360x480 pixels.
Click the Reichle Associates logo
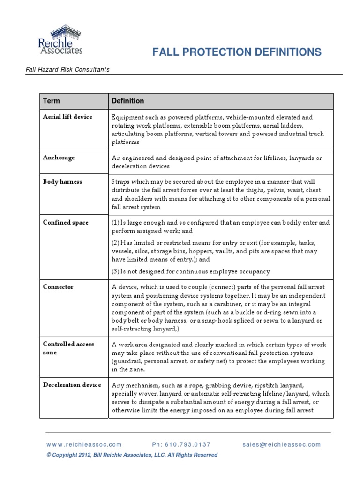pyautogui.click(x=60, y=40)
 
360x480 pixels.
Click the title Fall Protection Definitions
pyautogui.click(x=237, y=52)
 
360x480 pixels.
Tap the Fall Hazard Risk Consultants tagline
pyautogui.click(x=67, y=70)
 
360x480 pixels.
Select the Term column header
pyautogui.click(x=52, y=101)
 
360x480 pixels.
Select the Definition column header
pyautogui.click(x=127, y=101)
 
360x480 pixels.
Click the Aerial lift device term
pyautogui.click(x=67, y=117)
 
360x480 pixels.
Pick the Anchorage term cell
pyautogui.click(x=59, y=157)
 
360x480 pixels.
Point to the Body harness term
pyautogui.click(x=62, y=181)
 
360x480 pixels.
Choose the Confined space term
pyautogui.click(x=66, y=223)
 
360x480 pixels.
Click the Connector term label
pyautogui.click(x=58, y=286)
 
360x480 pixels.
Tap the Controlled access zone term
pyautogui.click(x=68, y=348)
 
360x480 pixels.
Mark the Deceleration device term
pyautogui.click(x=72, y=385)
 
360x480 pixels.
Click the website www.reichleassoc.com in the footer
pyautogui.click(x=84, y=444)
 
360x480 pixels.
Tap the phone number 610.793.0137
pyautogui.click(x=181, y=444)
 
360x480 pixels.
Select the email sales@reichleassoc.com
pyautogui.click(x=282, y=444)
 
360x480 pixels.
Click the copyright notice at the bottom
pyautogui.click(x=132, y=455)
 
